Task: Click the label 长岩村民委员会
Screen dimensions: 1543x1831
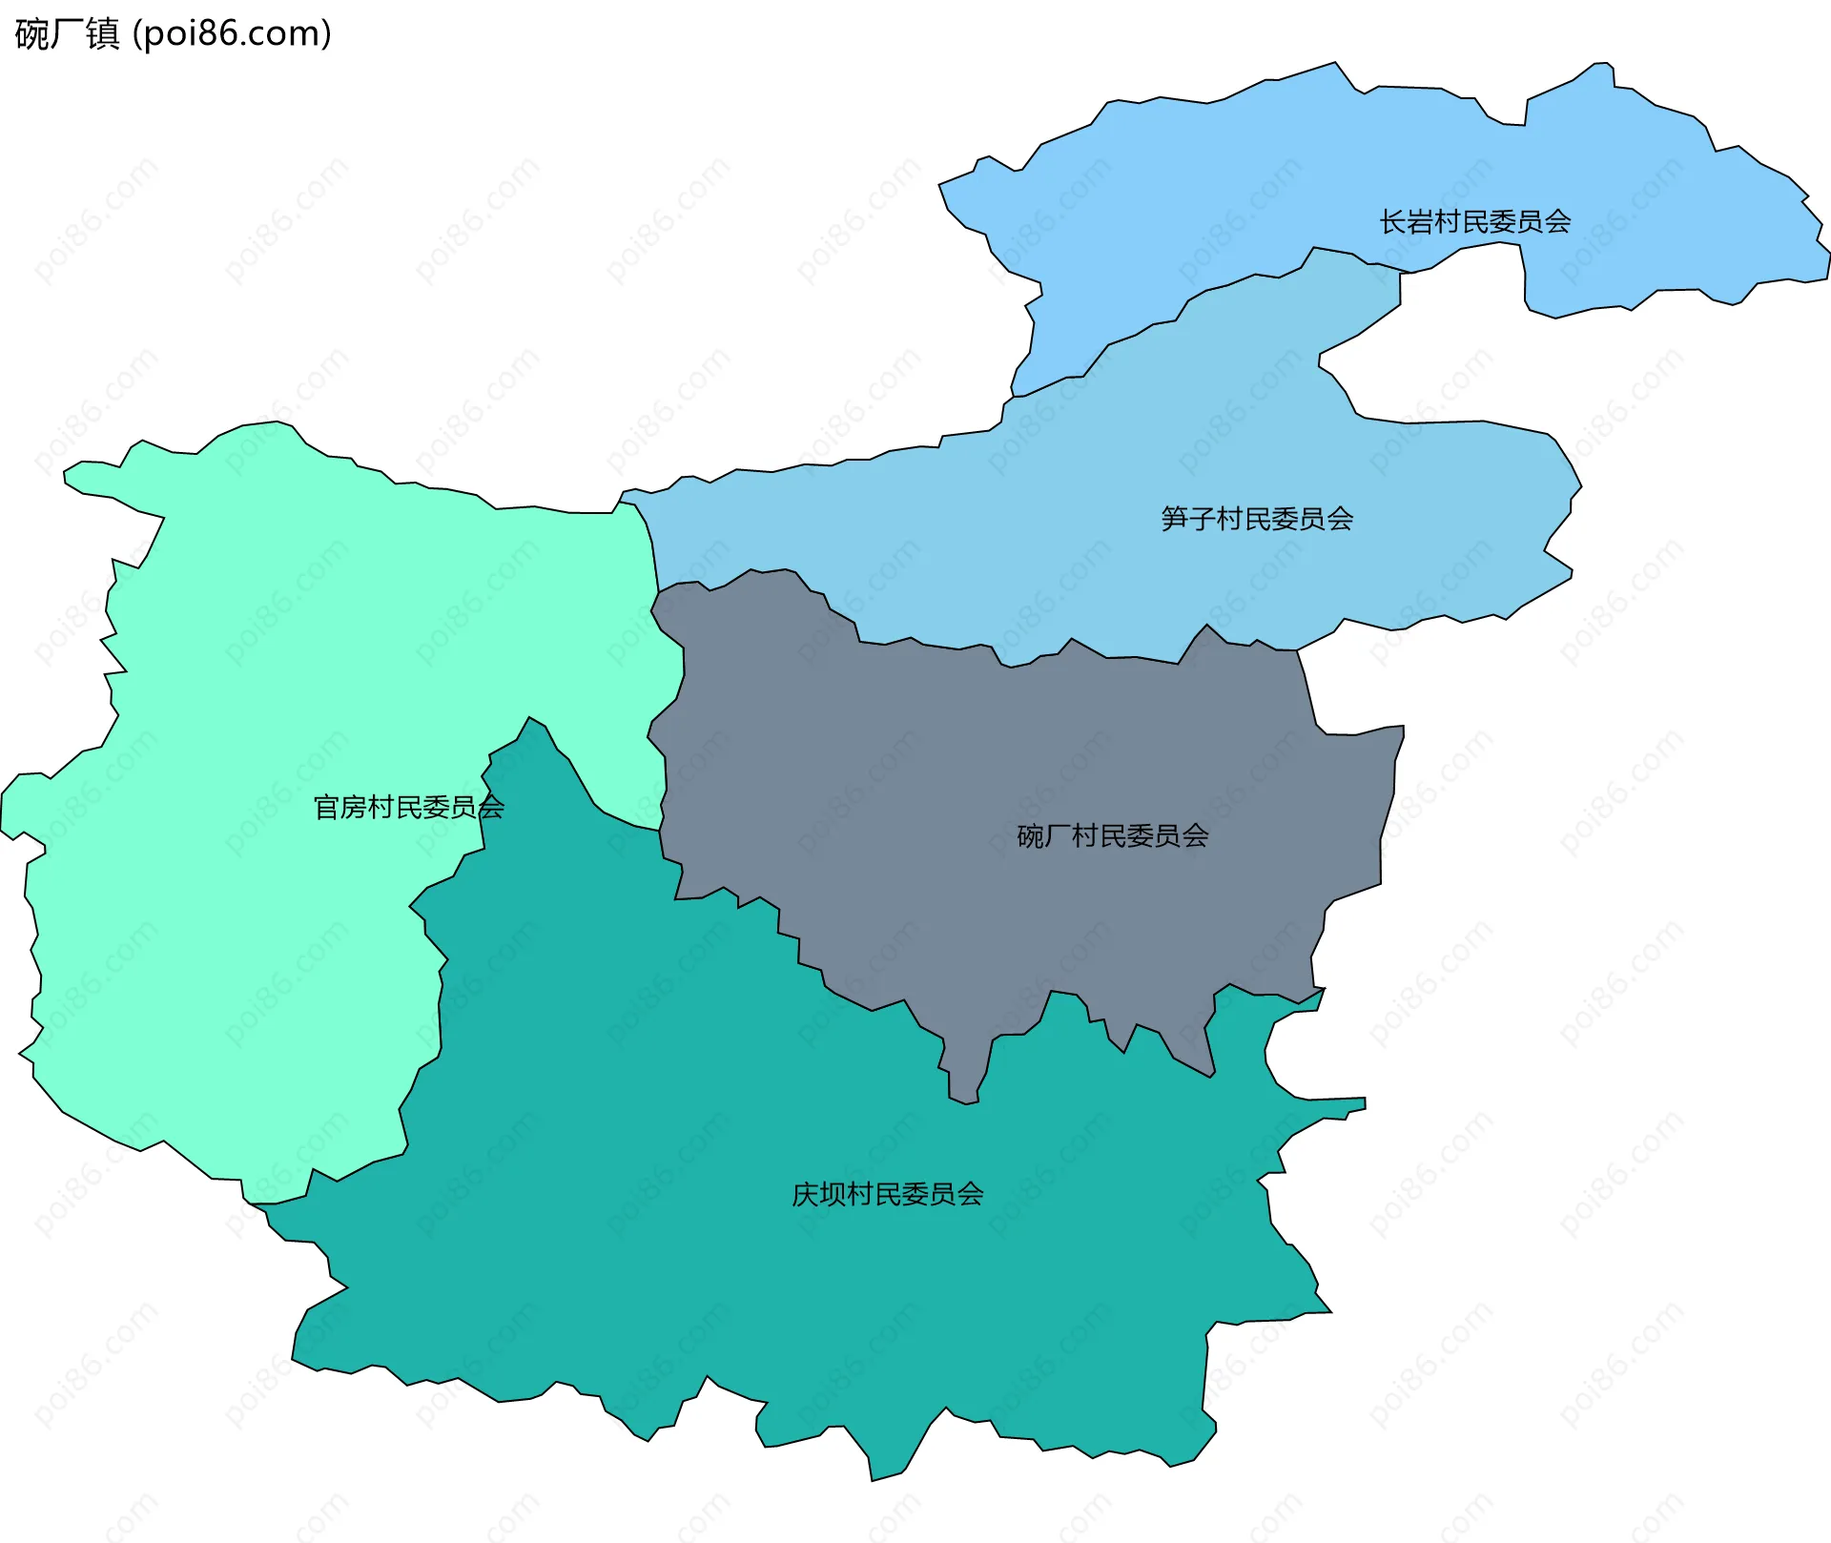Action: (1474, 222)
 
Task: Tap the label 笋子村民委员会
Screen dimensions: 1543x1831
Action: (1257, 519)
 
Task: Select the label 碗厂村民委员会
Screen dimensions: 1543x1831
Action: (1112, 836)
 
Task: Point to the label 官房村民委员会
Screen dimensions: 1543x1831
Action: (408, 808)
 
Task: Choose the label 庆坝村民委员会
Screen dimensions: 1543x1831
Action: (887, 1194)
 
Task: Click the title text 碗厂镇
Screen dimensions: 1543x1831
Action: (67, 33)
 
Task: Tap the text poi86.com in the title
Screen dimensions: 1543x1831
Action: (232, 33)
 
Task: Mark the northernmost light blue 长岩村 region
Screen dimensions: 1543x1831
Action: (1240, 172)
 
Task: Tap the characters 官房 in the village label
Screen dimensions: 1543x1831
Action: (339, 808)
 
